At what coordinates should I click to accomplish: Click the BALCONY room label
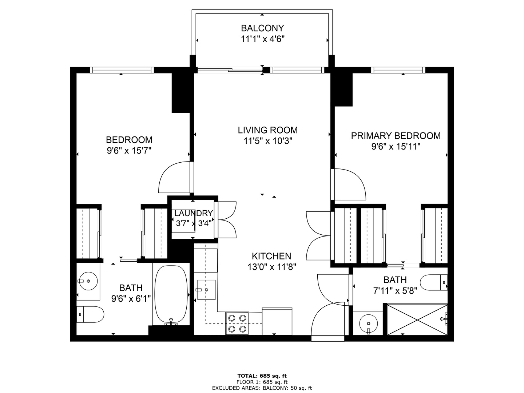262,28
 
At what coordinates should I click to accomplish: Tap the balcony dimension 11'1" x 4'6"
263,39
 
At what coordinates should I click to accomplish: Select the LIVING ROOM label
267,130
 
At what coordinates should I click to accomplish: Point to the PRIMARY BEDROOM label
396,135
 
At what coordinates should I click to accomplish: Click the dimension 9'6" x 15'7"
129,151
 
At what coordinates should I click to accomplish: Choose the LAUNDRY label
193,213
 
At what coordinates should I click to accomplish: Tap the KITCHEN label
271,256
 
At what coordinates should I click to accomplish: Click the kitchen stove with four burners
237,323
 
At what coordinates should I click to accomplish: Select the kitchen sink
206,290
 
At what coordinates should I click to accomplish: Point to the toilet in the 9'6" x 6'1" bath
90,314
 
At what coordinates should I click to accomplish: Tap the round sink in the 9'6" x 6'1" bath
88,281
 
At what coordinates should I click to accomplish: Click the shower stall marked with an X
417,319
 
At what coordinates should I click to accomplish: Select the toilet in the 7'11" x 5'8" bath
434,282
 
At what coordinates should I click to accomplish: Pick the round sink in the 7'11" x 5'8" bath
368,324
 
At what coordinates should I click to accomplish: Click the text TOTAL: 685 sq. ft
262,376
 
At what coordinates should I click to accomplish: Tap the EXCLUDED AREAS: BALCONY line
262,388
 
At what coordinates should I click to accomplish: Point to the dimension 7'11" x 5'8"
395,291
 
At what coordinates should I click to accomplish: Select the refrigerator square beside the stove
277,321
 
